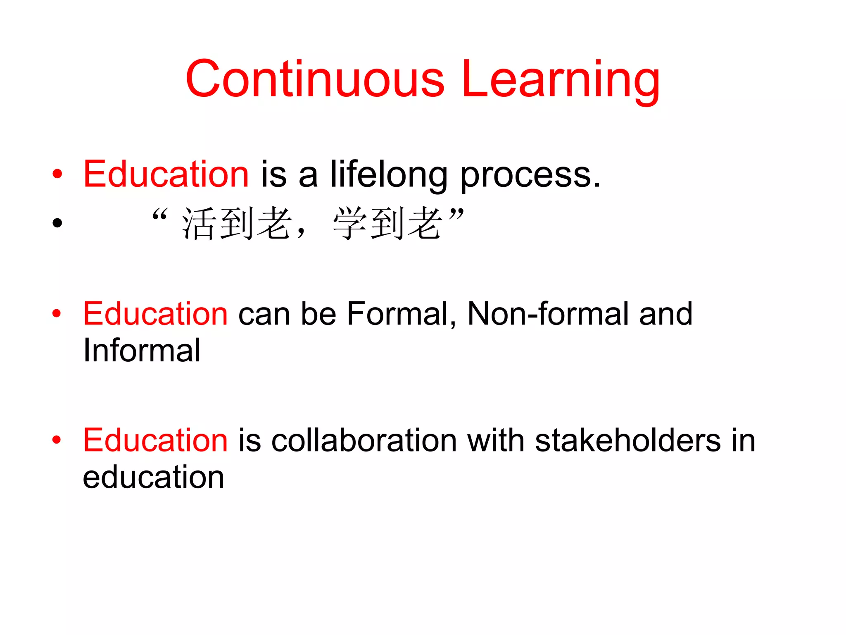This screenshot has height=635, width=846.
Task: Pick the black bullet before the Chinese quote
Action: [x=57, y=223]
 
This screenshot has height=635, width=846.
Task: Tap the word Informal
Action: [x=142, y=351]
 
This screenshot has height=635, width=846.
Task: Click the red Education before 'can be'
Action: [x=155, y=314]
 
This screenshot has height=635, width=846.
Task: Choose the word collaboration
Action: [x=364, y=440]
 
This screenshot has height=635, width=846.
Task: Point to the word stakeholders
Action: [x=628, y=440]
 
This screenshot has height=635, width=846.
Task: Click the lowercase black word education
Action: [x=153, y=477]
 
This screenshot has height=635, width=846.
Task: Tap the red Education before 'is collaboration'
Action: [x=155, y=440]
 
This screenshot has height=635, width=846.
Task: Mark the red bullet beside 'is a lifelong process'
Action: [x=57, y=174]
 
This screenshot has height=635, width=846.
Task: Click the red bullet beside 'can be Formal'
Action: [x=57, y=314]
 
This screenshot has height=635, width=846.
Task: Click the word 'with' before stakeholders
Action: [x=496, y=440]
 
